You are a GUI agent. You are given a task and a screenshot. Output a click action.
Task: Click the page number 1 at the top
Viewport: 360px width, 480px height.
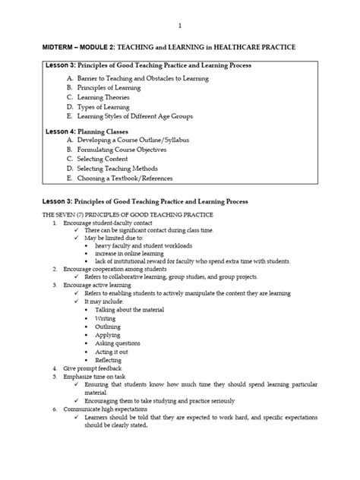180,24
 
